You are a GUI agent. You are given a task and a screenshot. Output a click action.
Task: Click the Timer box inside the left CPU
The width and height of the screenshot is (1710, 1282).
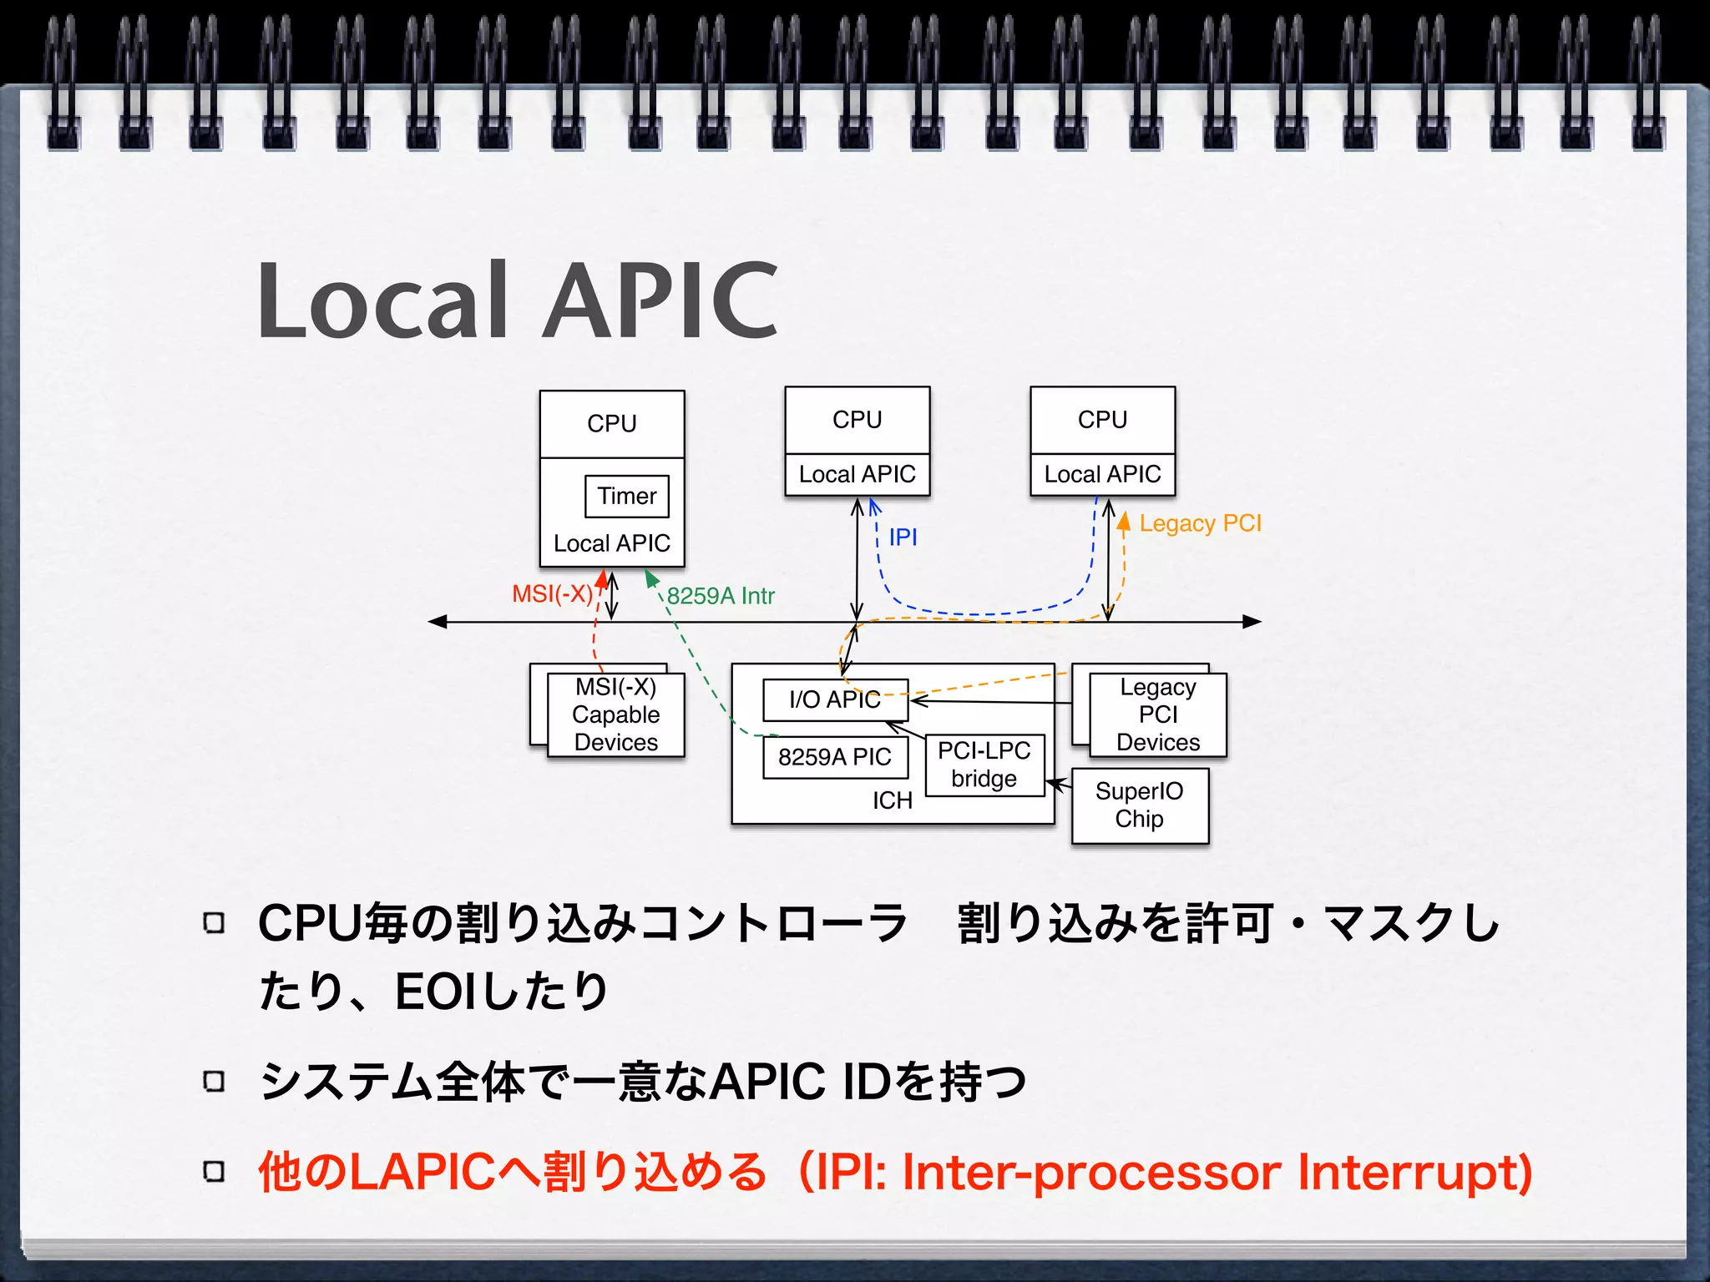tap(627, 496)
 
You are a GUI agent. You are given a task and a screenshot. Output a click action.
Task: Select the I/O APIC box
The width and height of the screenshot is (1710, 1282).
tap(834, 699)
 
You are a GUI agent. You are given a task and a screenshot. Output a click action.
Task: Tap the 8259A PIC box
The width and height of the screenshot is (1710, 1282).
tap(834, 757)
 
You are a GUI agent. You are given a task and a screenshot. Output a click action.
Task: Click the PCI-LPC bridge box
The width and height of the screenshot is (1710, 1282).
tap(984, 765)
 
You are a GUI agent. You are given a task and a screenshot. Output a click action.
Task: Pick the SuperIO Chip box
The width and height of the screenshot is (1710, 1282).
tap(1139, 805)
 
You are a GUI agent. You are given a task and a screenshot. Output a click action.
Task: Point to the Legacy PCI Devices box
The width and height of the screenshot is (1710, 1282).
tap(1157, 714)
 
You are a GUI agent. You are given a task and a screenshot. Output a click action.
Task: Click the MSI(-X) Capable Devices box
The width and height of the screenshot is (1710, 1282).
tap(615, 714)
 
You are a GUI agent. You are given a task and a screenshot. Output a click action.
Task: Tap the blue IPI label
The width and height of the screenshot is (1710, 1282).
tap(903, 538)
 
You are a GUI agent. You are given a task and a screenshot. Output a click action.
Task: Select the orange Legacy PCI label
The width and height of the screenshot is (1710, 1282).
tap(1200, 523)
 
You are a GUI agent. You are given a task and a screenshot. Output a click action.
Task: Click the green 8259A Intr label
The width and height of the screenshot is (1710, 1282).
tap(721, 596)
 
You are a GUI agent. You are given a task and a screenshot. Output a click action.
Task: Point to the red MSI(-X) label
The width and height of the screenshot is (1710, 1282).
tap(552, 594)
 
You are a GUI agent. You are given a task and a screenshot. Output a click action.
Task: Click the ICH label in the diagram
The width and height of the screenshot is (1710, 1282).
tap(892, 800)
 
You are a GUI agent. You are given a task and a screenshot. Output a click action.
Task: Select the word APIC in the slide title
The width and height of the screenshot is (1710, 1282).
tap(661, 300)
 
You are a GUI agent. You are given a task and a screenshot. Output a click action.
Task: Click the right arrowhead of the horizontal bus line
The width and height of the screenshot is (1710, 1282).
tap(1252, 622)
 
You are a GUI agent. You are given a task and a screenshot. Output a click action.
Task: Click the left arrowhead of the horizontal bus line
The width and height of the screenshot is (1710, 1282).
tap(437, 622)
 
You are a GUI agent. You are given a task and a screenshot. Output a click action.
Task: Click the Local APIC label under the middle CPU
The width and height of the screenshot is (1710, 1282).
tap(857, 474)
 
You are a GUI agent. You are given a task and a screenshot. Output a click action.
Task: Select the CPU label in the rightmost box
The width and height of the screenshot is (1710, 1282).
tap(1102, 420)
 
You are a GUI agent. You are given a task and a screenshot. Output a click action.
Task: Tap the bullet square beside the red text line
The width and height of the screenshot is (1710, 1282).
tap(214, 1172)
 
